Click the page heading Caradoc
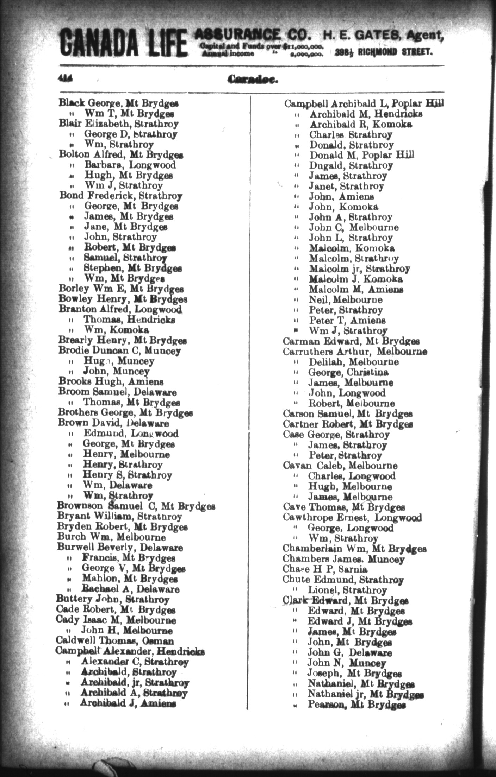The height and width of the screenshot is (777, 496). (x=253, y=80)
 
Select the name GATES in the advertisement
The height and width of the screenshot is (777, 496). (x=376, y=36)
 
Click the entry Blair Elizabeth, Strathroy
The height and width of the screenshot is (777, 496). (x=119, y=124)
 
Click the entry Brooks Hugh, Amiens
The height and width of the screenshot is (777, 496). (x=111, y=382)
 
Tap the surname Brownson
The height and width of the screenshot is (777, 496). (x=80, y=506)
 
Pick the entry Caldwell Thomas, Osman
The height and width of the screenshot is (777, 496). (x=114, y=641)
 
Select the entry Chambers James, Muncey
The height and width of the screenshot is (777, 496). (x=343, y=559)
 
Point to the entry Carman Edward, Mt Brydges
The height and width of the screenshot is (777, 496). (x=351, y=341)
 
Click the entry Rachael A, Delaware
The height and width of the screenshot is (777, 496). (x=130, y=589)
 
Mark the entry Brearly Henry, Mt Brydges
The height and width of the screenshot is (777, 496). (x=122, y=341)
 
